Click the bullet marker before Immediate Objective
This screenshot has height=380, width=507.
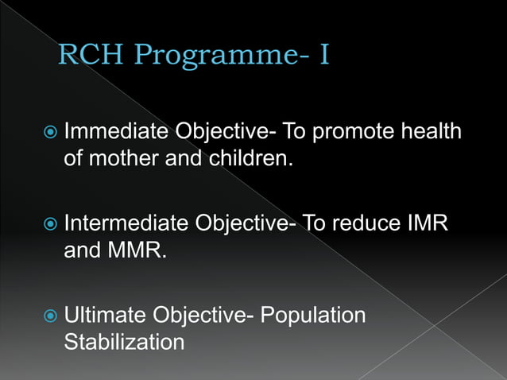(x=50, y=131)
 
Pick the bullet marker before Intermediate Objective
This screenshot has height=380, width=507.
(x=50, y=225)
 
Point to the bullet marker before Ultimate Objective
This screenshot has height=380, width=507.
(x=50, y=316)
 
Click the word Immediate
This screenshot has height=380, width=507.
(x=115, y=130)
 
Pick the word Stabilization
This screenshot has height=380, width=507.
(x=124, y=343)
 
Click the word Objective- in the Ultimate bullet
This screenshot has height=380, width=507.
(x=199, y=316)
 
